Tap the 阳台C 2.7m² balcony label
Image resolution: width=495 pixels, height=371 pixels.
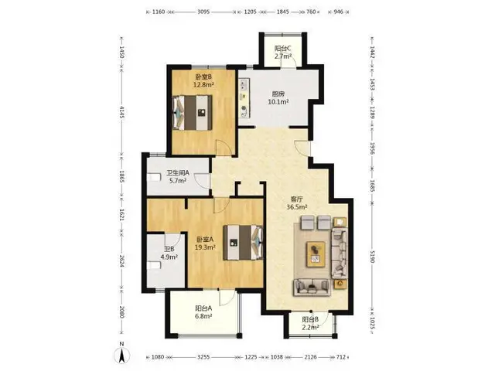[x=282, y=53]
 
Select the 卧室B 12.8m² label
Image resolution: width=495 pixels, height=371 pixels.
[x=203, y=80]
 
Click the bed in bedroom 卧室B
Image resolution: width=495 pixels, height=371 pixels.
[x=193, y=113]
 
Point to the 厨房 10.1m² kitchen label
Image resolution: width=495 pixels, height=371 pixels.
[x=278, y=98]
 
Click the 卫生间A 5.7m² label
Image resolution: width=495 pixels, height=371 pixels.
[x=178, y=177]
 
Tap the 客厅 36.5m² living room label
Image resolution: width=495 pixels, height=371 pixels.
[x=297, y=203]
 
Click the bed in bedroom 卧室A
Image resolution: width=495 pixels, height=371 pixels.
[x=243, y=242]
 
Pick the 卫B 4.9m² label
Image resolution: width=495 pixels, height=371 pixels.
[x=169, y=253]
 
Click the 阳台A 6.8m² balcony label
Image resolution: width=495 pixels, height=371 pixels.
[x=203, y=312]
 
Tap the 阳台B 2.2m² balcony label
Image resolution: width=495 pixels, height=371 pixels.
[x=310, y=323]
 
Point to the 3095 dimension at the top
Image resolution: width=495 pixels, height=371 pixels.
[x=203, y=12]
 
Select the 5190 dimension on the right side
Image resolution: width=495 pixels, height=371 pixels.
[x=372, y=257]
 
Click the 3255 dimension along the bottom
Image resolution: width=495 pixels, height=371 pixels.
[x=203, y=357]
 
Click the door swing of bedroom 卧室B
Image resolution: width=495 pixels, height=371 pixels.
[x=224, y=148]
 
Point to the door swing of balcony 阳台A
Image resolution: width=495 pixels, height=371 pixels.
[x=227, y=298]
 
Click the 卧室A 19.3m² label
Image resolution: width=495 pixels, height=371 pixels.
[x=205, y=243]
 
